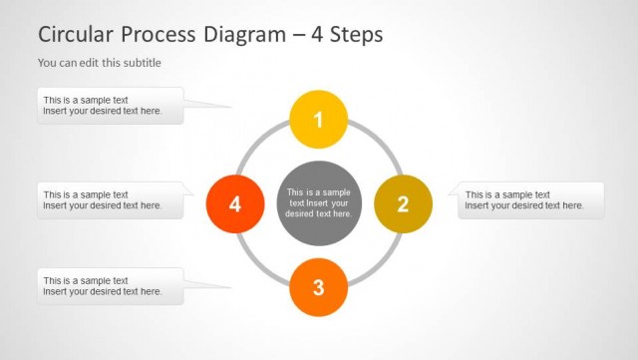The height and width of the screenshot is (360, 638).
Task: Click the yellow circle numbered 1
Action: point(318,120)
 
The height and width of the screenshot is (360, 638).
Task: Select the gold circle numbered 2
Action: point(403,203)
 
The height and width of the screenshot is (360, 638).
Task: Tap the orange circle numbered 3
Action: point(318,287)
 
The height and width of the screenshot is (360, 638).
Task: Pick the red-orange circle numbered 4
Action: point(235,203)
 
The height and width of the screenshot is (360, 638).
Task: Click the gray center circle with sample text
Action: point(318,203)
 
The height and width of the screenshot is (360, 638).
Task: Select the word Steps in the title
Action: point(354,34)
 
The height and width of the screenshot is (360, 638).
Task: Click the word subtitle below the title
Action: point(140,63)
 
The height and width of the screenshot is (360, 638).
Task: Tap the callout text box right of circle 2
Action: point(530,200)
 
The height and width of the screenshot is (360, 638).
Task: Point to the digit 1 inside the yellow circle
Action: point(318,120)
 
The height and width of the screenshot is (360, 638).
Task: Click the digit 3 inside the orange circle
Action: point(318,287)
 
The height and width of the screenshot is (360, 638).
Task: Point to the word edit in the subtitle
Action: point(88,63)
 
